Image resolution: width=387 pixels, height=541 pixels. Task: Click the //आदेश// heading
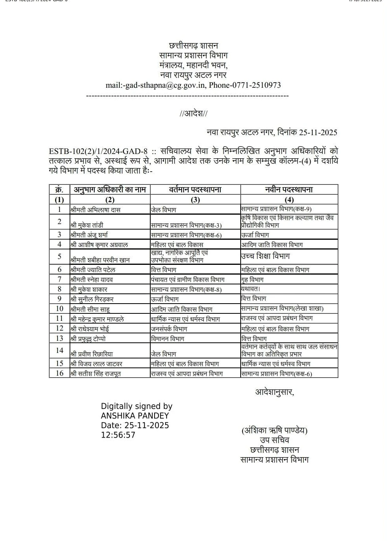(193, 114)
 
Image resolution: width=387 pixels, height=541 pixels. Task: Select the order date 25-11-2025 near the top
(318, 132)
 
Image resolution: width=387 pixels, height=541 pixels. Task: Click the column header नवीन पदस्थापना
(289, 190)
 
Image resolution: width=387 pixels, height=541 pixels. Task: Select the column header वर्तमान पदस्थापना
(195, 190)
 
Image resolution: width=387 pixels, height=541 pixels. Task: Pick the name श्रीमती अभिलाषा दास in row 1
(95, 210)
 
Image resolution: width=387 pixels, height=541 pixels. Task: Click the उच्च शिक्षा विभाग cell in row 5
(265, 256)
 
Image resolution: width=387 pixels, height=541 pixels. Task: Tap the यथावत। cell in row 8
(250, 289)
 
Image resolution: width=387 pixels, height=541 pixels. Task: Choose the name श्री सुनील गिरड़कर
(92, 299)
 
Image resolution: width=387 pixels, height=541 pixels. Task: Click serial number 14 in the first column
(59, 350)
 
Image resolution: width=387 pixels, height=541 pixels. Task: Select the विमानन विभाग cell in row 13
(167, 339)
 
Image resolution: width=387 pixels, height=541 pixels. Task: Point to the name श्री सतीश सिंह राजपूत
(95, 374)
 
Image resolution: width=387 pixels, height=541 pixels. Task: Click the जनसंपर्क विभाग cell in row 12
(169, 329)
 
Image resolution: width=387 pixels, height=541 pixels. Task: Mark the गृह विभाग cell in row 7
(252, 280)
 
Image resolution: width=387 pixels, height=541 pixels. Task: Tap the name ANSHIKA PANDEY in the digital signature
(135, 416)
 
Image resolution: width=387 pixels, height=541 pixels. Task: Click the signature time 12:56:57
(118, 435)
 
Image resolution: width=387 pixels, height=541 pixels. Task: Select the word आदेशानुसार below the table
(274, 392)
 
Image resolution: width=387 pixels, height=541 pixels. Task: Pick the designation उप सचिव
(274, 440)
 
